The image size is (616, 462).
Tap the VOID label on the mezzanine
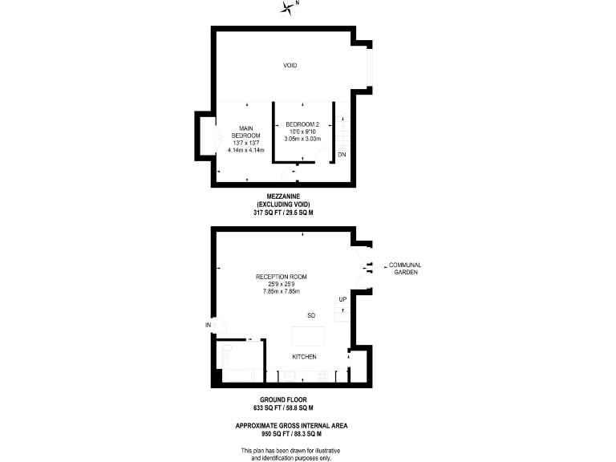pyautogui.click(x=290, y=66)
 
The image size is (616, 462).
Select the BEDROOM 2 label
pyautogui.click(x=302, y=124)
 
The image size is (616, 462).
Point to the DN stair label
pyautogui.click(x=342, y=154)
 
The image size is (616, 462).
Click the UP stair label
pyautogui.click(x=342, y=300)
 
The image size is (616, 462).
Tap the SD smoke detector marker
pyautogui.click(x=311, y=315)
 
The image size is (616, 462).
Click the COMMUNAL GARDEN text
pyautogui.click(x=404, y=269)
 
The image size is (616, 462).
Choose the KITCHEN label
pyautogui.click(x=303, y=356)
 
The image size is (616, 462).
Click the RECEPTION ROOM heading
pyautogui.click(x=280, y=277)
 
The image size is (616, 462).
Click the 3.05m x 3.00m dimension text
pyautogui.click(x=302, y=139)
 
